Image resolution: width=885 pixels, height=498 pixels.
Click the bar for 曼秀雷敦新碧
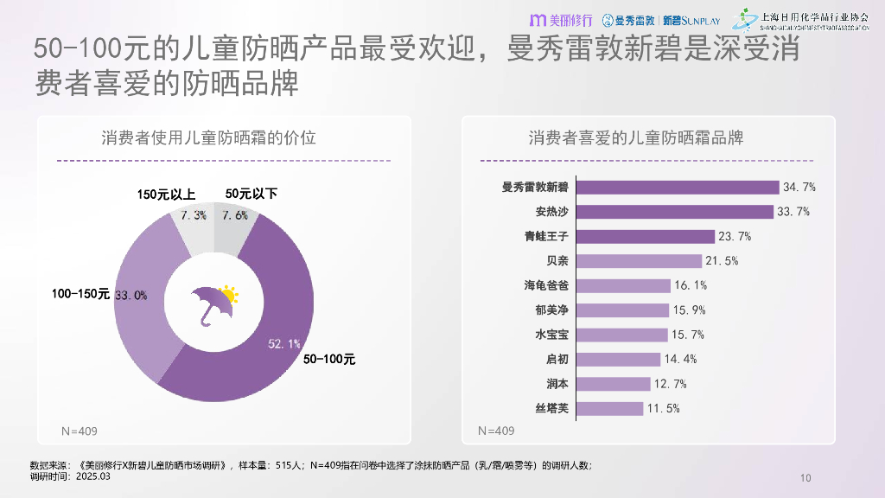point(677,187)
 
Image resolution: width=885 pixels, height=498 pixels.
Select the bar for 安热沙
point(674,212)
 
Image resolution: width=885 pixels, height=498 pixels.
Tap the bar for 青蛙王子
point(645,236)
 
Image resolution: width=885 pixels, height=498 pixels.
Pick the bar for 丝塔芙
point(609,408)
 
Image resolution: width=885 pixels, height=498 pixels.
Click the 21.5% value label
point(723,261)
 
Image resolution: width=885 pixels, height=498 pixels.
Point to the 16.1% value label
point(691,285)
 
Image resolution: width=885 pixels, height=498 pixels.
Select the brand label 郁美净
point(552,310)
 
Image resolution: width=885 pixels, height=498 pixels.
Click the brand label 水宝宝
point(552,335)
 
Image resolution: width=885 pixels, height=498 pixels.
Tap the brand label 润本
point(557,384)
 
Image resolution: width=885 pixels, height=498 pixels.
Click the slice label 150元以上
point(165,195)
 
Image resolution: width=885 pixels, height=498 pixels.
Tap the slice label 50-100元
point(329,359)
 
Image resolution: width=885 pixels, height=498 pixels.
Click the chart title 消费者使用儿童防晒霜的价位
point(208,137)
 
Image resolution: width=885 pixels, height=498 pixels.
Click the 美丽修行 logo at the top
point(561,19)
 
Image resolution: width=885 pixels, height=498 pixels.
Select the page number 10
point(806,478)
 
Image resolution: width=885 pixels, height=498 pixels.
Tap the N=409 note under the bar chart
point(496,431)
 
